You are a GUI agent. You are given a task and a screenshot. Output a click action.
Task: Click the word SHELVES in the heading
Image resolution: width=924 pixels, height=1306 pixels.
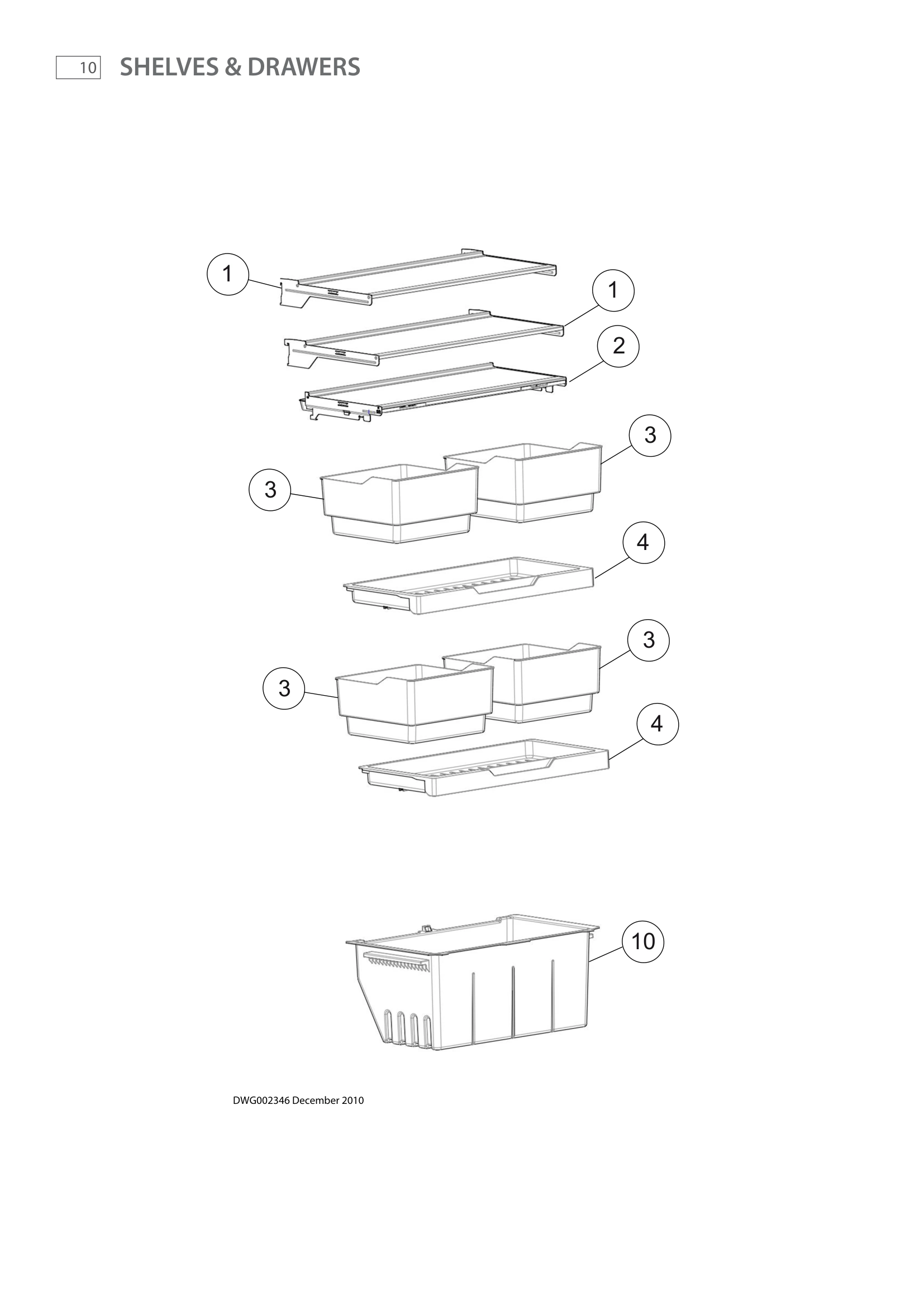pos(169,67)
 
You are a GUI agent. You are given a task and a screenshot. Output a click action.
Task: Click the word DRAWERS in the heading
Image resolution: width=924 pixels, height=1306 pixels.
pos(303,67)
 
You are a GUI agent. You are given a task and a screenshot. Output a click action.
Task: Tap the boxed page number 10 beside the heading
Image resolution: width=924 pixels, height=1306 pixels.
pos(79,68)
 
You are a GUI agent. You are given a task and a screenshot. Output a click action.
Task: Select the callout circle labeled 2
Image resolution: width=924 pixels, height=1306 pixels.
pos(618,346)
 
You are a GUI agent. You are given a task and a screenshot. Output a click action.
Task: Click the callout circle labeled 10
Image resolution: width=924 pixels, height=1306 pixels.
pos(643,941)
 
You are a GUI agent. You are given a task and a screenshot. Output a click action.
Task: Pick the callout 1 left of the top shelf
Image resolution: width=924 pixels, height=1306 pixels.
pos(227,274)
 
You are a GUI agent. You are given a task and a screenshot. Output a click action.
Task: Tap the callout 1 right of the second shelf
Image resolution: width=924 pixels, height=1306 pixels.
pos(613,290)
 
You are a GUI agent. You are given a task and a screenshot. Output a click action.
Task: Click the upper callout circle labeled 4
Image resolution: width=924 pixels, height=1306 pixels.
pos(643,543)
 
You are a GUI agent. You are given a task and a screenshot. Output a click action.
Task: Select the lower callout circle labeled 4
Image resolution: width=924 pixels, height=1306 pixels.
pos(656,724)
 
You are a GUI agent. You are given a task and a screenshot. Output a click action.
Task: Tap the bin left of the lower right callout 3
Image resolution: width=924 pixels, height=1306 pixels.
pos(546,682)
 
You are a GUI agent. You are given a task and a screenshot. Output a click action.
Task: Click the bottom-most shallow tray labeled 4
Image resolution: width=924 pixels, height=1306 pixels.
pos(484,768)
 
